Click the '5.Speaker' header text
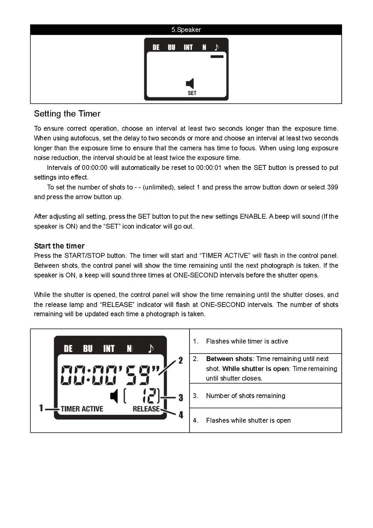coord(186,30)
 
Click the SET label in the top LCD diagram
coord(192,93)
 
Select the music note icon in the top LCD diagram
coord(217,47)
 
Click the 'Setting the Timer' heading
coord(67,114)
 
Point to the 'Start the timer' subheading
coord(59,246)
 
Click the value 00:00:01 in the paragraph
coord(209,168)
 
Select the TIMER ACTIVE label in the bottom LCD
coord(82,409)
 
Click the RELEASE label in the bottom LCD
coord(146,409)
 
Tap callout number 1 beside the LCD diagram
coord(41,408)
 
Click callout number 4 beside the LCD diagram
coord(181,415)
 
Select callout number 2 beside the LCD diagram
coord(181,360)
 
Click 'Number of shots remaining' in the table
coord(245,396)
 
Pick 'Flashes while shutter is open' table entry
coord(248,420)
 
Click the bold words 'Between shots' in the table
coord(229,359)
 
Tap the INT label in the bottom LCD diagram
coord(109,349)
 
